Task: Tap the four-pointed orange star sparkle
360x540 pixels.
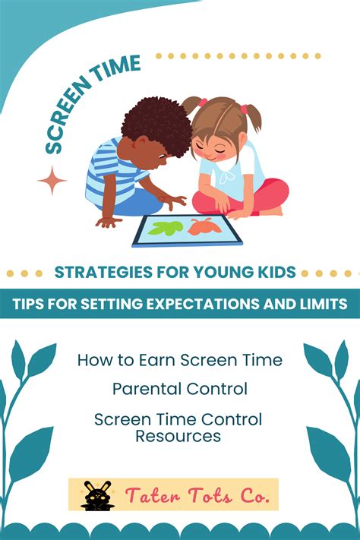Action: pos(52,181)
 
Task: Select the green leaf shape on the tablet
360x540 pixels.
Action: pos(168,227)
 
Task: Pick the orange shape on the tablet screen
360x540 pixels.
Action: pos(204,226)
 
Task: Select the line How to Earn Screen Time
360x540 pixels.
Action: pos(180,360)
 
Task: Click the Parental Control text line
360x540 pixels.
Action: pos(180,389)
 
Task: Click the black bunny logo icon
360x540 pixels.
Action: pos(95,494)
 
